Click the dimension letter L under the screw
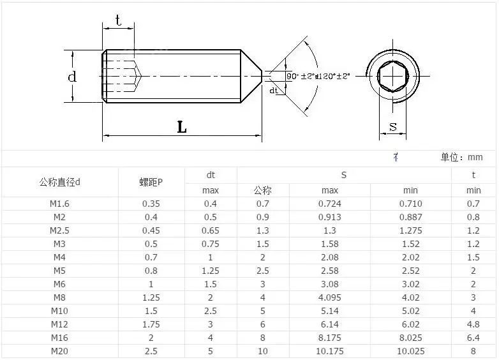(182, 127)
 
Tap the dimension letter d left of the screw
(72, 77)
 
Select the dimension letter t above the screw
(119, 20)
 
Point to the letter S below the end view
(393, 126)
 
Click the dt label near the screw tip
(274, 91)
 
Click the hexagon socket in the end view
(392, 77)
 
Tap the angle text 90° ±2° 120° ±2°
(318, 76)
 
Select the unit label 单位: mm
(461, 157)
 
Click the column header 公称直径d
(59, 183)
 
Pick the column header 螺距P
(151, 183)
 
